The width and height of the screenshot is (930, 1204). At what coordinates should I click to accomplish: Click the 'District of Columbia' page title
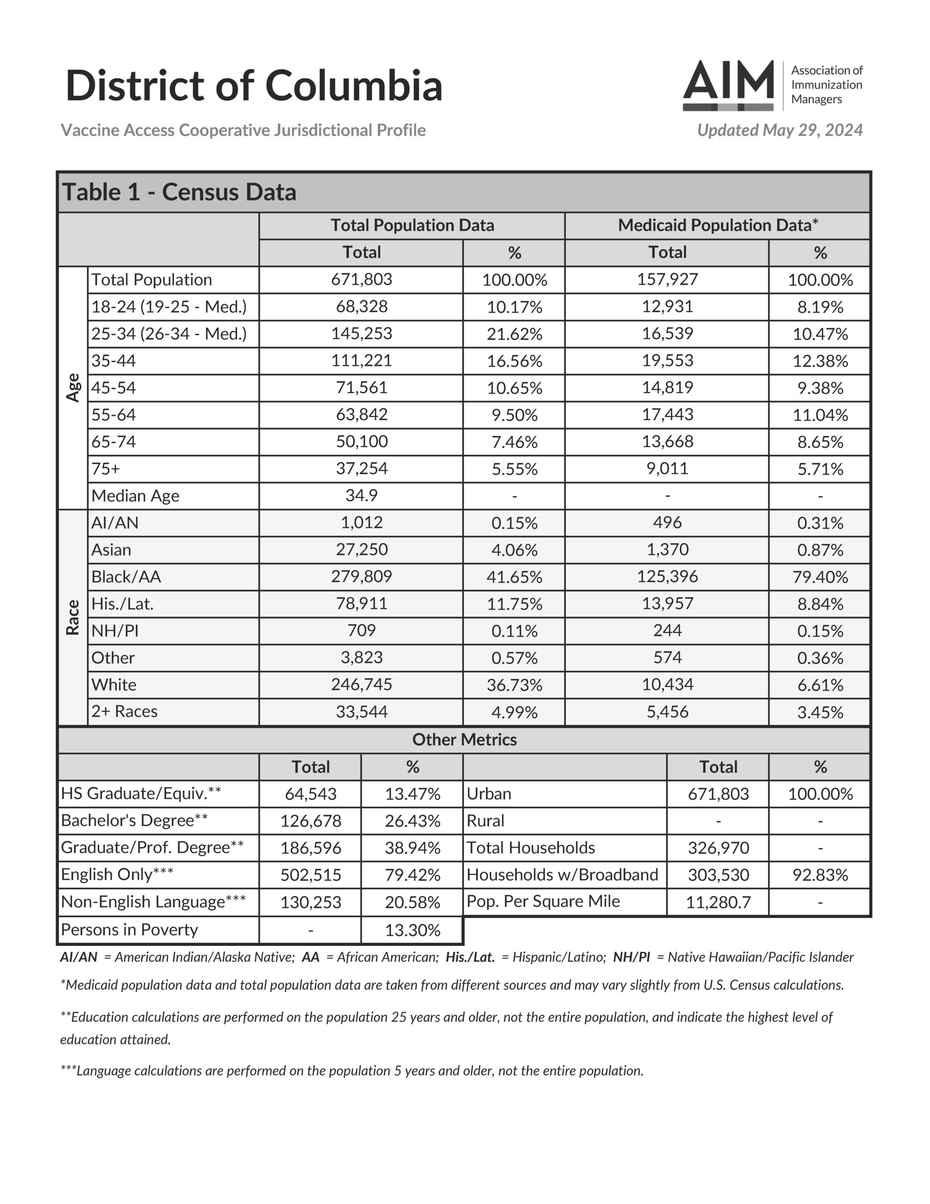(253, 86)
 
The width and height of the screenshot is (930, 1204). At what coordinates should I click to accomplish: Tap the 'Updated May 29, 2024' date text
(779, 130)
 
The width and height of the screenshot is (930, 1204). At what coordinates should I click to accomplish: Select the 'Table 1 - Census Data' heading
(179, 192)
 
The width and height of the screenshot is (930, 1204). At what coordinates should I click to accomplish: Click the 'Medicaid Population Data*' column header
(717, 225)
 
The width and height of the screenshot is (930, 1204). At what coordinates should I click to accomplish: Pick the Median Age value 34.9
(361, 495)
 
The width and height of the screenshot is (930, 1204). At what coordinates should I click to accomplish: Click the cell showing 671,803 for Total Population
(361, 279)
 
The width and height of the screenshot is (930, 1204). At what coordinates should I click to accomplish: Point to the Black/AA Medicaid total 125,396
(667, 576)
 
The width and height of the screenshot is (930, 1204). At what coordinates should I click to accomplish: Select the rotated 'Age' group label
(73, 388)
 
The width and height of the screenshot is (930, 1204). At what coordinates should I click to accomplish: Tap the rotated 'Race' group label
(73, 618)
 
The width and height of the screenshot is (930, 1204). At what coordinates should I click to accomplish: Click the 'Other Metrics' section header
(464, 739)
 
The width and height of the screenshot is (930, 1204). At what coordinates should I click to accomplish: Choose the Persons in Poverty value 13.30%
(412, 930)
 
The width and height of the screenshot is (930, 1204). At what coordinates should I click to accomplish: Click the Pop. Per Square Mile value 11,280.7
(718, 902)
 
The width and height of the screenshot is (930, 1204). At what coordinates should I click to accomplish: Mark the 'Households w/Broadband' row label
(562, 874)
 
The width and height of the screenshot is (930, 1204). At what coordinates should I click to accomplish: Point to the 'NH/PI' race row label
(115, 630)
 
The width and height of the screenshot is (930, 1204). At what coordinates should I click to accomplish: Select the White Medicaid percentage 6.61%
(820, 685)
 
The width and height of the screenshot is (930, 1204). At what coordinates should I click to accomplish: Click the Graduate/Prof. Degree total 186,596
(310, 848)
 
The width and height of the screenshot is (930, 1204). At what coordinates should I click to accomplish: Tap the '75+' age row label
(105, 468)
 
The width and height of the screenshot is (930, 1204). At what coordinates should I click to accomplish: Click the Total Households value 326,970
(718, 848)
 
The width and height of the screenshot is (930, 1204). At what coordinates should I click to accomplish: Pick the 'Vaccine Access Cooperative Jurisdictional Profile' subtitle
(243, 130)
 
